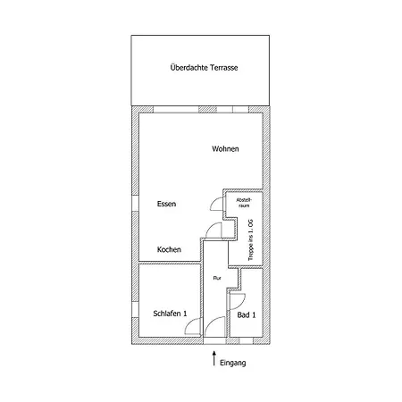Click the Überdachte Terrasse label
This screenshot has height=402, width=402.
204,68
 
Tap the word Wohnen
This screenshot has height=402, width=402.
225,148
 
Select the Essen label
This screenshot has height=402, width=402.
166,204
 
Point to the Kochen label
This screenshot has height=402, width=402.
169,249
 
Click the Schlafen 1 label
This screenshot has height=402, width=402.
170,314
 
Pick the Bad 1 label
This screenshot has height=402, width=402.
247,314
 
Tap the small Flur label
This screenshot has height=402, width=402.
217,278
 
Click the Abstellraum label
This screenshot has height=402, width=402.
244,203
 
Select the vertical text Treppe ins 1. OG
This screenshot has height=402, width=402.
251,240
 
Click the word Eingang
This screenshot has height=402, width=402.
233,363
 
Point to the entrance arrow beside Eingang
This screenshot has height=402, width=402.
214,358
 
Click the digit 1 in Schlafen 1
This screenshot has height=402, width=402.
185,314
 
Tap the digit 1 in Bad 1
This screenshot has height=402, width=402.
254,314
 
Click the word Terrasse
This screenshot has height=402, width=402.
224,68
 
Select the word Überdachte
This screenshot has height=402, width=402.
189,67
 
